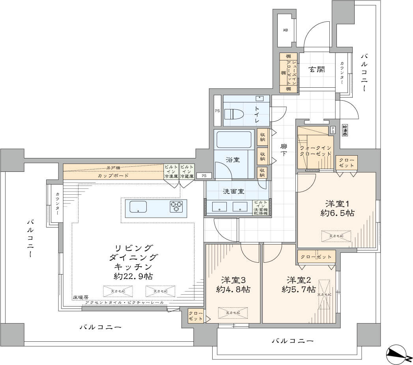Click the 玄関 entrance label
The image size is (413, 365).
316,70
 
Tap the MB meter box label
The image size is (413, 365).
285,30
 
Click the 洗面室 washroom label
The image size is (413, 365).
234,192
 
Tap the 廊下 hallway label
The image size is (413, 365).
284,150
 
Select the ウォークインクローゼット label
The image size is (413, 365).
316,151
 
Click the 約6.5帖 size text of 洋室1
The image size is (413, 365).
337,213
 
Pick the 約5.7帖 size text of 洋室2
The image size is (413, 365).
299,290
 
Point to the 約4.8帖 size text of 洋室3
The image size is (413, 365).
232,290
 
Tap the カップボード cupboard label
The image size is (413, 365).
113,176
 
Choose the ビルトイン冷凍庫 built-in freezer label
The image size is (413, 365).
171,172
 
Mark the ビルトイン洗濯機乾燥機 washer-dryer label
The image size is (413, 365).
260,208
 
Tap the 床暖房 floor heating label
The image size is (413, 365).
80,297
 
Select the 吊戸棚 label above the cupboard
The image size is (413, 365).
113,167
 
